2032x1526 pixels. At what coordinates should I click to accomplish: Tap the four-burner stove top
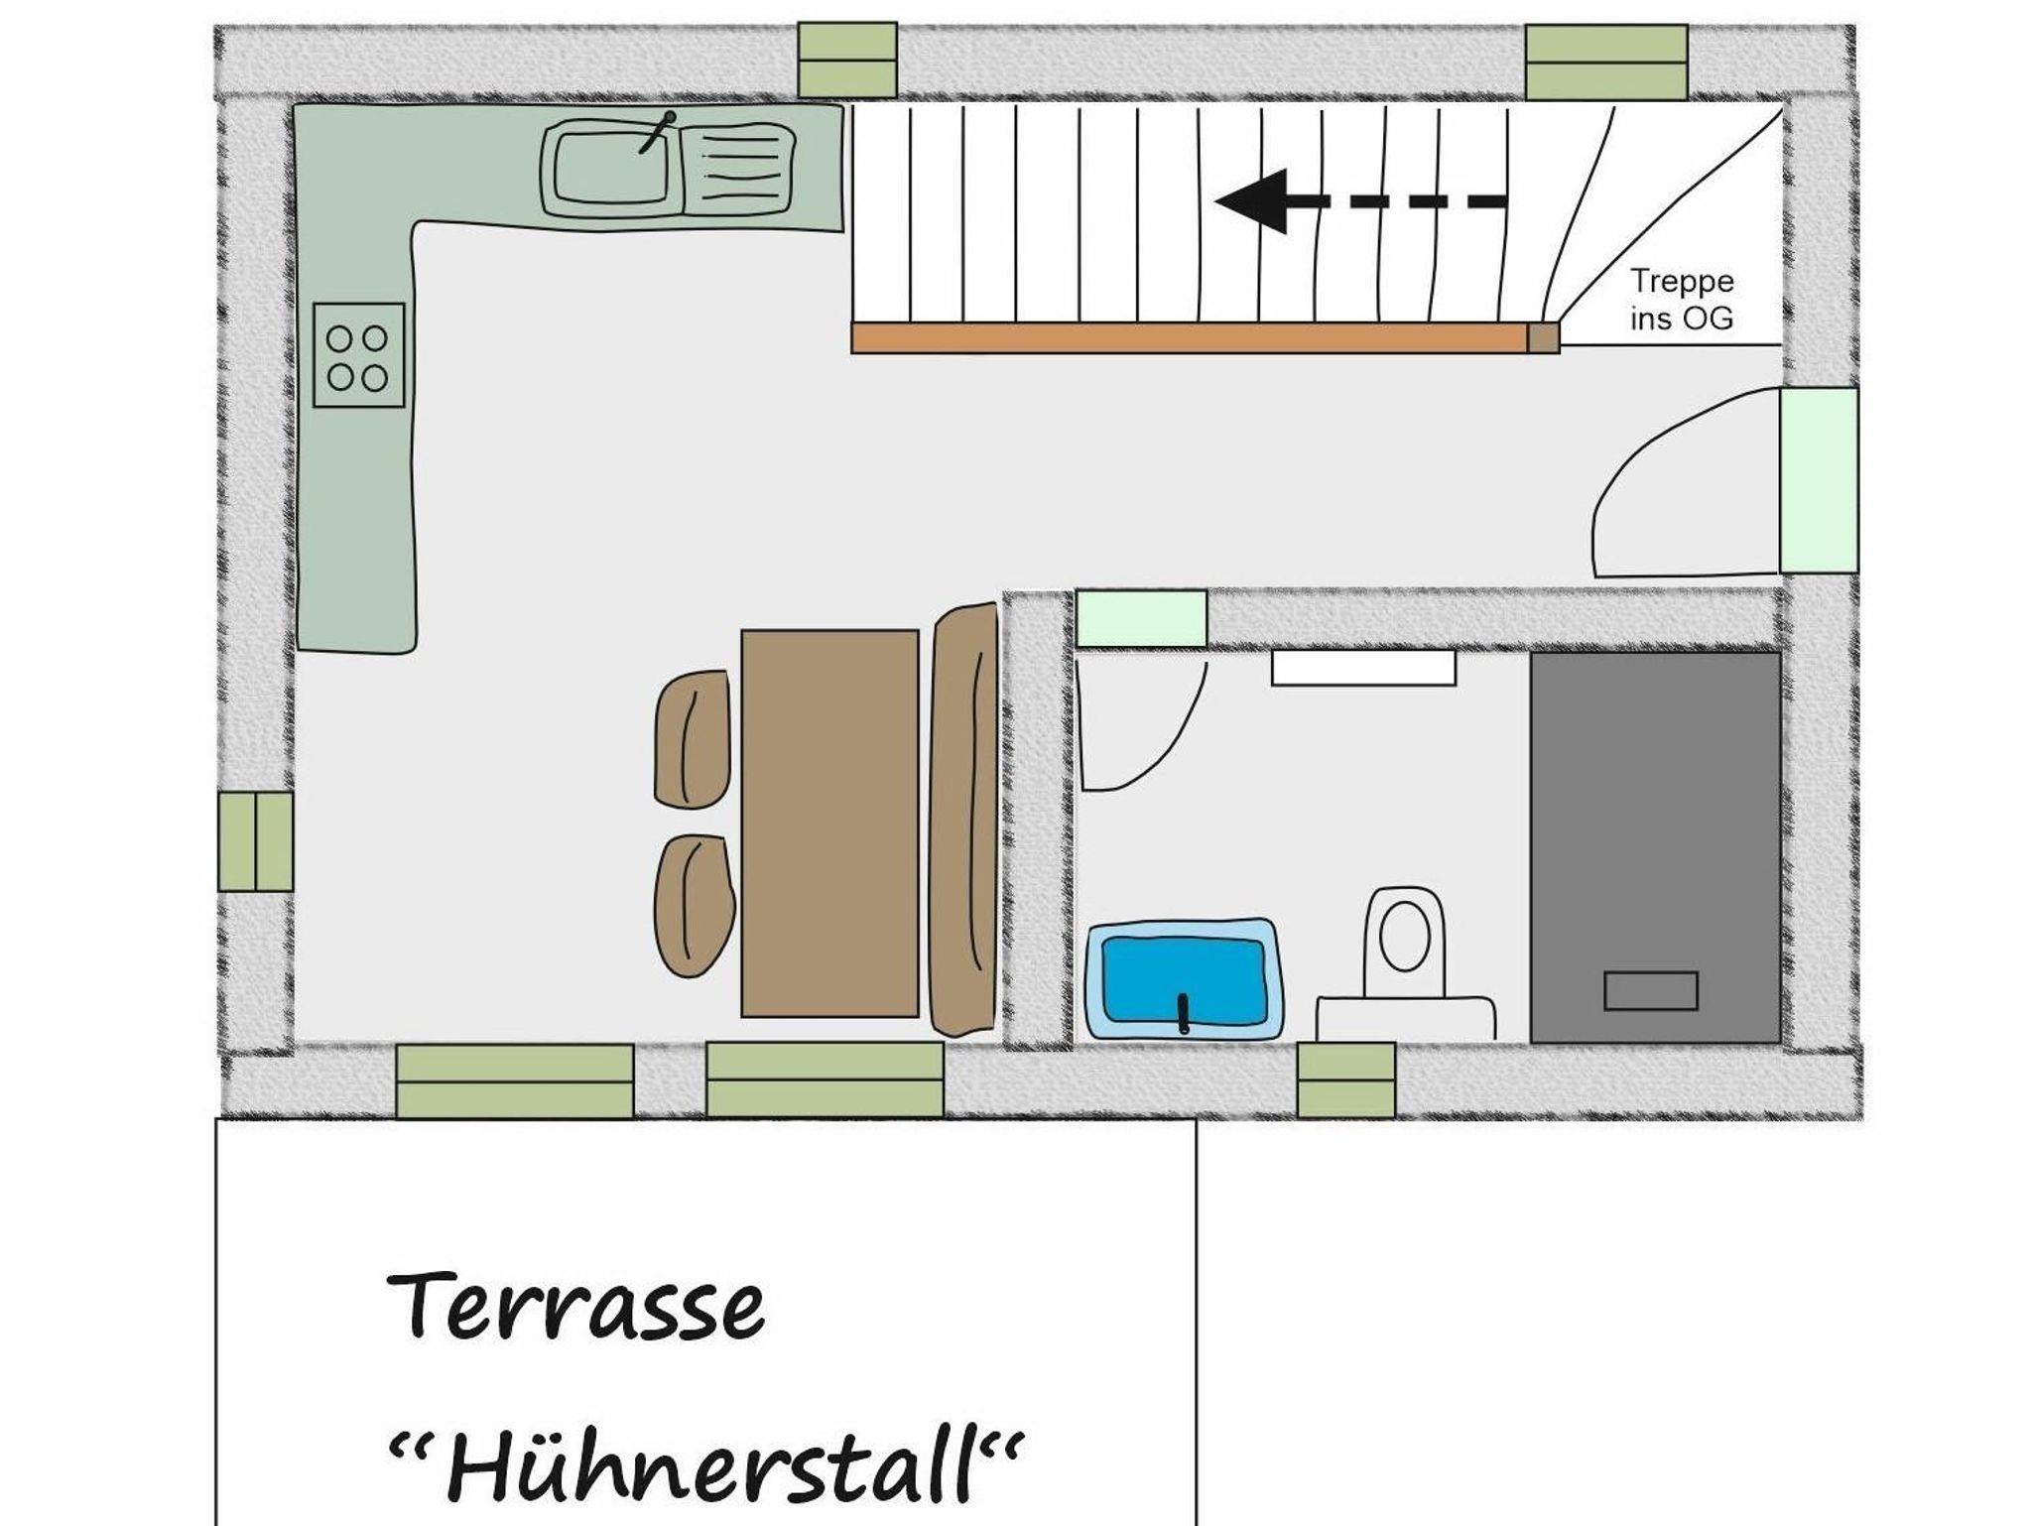point(359,355)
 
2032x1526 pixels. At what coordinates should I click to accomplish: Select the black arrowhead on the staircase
point(1252,200)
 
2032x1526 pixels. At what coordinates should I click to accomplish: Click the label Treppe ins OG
point(1683,299)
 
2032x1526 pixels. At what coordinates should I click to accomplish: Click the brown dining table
point(829,823)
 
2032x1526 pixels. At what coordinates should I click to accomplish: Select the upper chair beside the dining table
point(694,739)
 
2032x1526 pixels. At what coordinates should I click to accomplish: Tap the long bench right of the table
point(964,820)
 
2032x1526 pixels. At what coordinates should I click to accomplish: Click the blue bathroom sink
point(1181,979)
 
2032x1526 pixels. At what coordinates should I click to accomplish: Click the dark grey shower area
point(1655,847)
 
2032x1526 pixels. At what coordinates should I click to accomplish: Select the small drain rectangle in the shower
point(1651,991)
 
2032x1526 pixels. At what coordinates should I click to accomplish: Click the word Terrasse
point(575,1306)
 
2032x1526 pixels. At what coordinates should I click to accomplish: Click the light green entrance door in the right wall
point(1819,480)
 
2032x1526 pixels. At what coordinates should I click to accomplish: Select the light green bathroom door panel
point(1142,619)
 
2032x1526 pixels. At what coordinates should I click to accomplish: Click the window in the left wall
point(256,841)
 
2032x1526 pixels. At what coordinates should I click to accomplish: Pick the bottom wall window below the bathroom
point(1346,1080)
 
